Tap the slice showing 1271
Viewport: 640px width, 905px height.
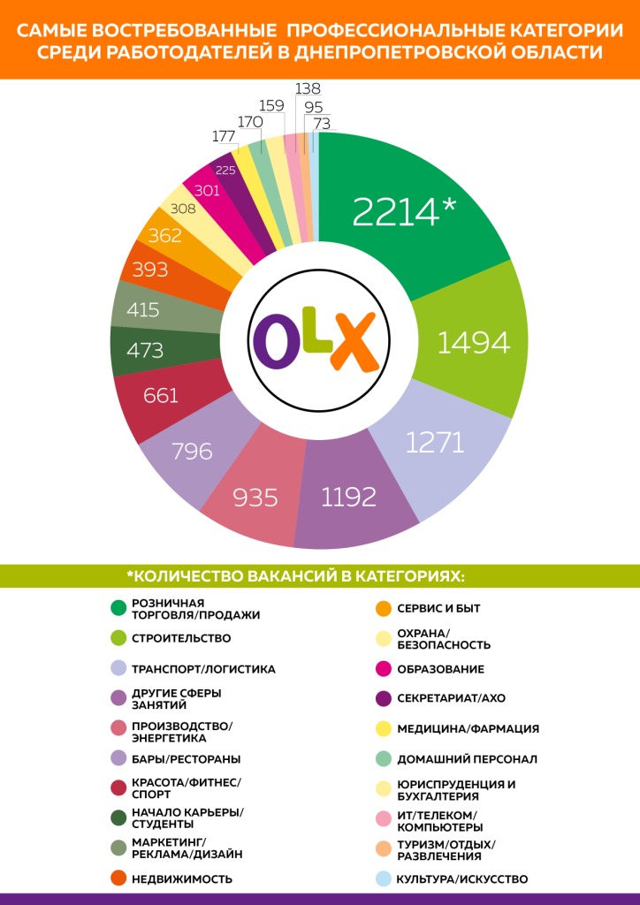tap(435, 442)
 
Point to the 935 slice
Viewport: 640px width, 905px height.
tap(255, 498)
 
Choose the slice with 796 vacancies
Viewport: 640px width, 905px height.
tap(192, 451)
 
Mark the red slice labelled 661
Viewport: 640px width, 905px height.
tap(160, 395)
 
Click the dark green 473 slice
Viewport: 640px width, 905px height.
tap(145, 350)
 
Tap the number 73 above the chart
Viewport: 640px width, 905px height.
tap(322, 124)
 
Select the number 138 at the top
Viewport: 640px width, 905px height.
tap(308, 88)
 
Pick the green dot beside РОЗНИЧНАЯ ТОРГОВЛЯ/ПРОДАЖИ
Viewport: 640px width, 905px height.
tap(117, 607)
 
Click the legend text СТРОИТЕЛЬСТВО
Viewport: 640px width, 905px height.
tap(181, 638)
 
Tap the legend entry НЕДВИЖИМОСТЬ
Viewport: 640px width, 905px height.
tap(181, 879)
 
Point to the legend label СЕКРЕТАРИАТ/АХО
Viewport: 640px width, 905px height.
tap(451, 698)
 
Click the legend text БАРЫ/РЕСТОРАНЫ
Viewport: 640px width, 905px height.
tap(186, 759)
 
